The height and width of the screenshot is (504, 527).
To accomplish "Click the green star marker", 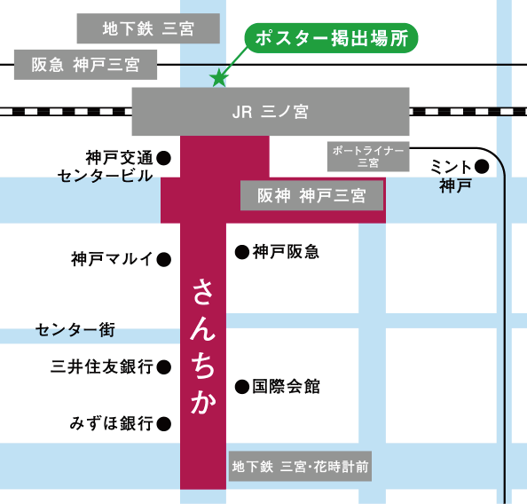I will pyautogui.click(x=217, y=78).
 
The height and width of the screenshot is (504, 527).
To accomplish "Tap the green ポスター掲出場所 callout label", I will pyautogui.click(x=330, y=40).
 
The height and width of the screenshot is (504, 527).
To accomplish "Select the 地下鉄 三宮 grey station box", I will pyautogui.click(x=148, y=29).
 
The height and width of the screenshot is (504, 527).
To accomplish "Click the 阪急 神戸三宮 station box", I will pyautogui.click(x=86, y=64).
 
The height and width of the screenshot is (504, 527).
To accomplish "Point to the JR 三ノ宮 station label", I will pyautogui.click(x=270, y=112).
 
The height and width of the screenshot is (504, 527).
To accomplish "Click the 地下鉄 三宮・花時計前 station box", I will pyautogui.click(x=300, y=467).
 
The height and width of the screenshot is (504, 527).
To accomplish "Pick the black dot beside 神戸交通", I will pyautogui.click(x=163, y=158).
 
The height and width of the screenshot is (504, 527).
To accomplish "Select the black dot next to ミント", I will pyautogui.click(x=481, y=166).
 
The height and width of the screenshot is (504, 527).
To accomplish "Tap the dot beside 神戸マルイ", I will pyautogui.click(x=163, y=260).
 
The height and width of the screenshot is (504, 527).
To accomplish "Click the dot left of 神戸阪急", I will pyautogui.click(x=241, y=253).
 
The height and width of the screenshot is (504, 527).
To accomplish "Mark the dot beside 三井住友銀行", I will pyautogui.click(x=163, y=366).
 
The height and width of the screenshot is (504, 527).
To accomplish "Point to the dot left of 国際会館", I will pyautogui.click(x=241, y=387).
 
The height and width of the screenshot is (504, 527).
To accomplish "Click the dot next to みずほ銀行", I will pyautogui.click(x=163, y=424).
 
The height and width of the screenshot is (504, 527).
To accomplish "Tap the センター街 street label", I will pyautogui.click(x=75, y=331).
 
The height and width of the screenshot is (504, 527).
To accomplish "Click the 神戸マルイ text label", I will pyautogui.click(x=112, y=260).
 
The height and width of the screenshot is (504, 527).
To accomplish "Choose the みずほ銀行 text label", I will pyautogui.click(x=112, y=424).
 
